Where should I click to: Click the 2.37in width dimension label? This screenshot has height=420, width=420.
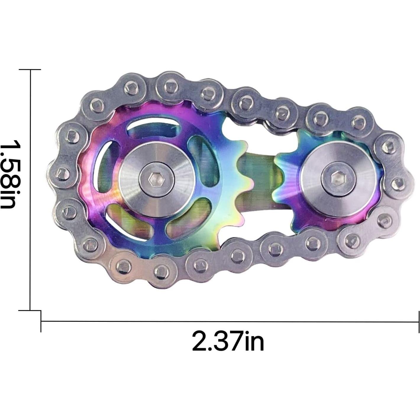[228, 341]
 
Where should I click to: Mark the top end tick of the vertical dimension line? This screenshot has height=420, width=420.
[30, 70]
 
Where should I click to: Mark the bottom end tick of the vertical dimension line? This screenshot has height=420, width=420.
[30, 311]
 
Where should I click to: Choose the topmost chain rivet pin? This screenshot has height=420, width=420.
[169, 86]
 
